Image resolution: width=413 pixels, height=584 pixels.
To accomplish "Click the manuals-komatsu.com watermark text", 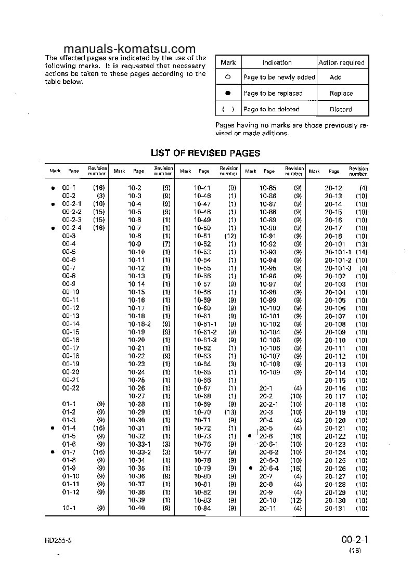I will (x=120, y=49).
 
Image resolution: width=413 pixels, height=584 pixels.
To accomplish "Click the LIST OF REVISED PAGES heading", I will (x=205, y=153).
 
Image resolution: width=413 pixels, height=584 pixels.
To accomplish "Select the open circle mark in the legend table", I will (x=228, y=77).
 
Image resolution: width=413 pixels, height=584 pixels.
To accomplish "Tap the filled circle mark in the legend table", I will (x=228, y=94).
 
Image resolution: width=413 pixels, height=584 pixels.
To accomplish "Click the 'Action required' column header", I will (x=341, y=62).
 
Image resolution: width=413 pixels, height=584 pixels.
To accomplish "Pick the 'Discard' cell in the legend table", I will (x=341, y=110).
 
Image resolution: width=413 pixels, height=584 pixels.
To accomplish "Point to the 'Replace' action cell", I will (x=341, y=94).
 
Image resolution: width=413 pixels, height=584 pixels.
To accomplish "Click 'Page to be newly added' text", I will (x=279, y=77).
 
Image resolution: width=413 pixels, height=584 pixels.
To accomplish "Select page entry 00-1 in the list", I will (x=69, y=188).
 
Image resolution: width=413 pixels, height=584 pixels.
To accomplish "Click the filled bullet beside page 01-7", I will (x=53, y=452).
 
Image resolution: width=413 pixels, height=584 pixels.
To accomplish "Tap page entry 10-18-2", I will (x=139, y=324).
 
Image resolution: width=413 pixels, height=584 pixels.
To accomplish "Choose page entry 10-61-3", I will (x=205, y=340).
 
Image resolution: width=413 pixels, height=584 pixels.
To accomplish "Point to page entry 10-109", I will (x=269, y=372).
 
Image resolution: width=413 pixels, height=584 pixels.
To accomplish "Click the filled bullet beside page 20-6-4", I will (x=251, y=468).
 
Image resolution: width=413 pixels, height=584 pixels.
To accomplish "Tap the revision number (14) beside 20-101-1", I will (x=361, y=252).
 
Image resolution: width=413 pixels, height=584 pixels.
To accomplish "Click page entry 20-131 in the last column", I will (x=335, y=508).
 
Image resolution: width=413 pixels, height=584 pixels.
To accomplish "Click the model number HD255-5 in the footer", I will (x=58, y=540).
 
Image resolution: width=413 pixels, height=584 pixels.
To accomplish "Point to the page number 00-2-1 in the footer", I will (x=355, y=539).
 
